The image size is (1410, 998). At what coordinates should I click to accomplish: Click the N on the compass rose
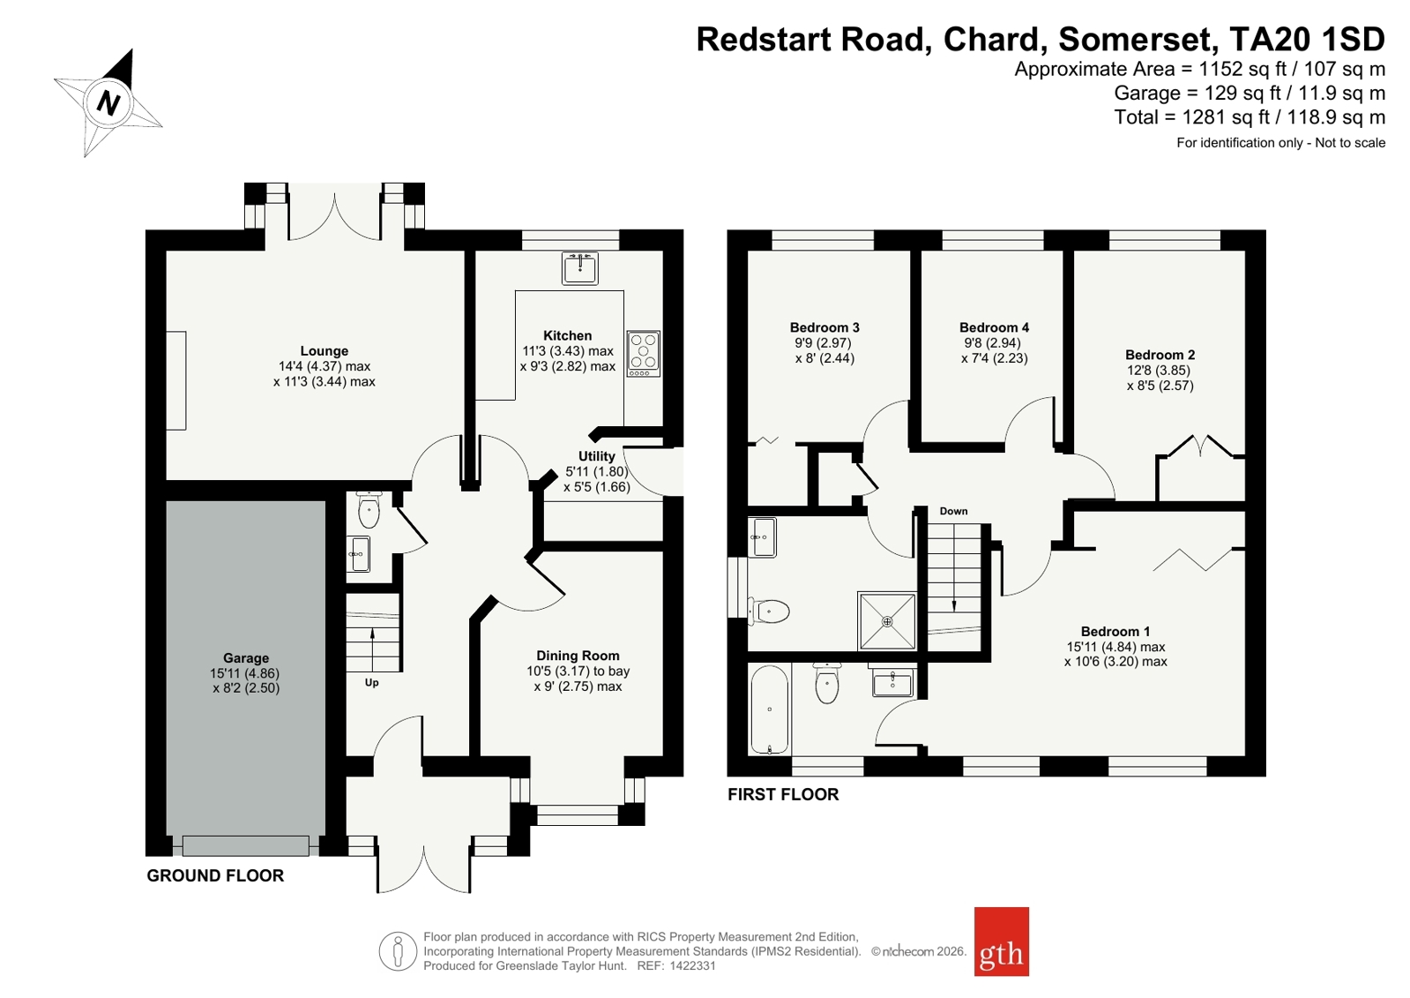[108, 103]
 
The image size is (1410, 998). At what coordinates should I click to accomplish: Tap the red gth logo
[1002, 942]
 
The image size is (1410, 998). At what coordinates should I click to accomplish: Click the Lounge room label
[325, 351]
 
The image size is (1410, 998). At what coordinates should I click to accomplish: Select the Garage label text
[245, 658]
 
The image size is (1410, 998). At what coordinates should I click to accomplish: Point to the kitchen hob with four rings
[644, 354]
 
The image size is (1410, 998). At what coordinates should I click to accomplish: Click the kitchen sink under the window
[579, 267]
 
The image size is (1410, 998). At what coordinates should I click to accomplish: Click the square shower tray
[887, 621]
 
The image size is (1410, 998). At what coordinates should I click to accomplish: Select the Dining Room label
[578, 656]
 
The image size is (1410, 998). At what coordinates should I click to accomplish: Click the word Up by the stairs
[372, 682]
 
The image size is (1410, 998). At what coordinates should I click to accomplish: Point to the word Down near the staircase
[953, 511]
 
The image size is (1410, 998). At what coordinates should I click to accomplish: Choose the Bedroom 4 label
[995, 327]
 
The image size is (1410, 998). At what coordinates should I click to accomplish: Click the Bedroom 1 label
[1115, 631]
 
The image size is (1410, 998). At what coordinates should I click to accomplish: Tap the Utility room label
[597, 456]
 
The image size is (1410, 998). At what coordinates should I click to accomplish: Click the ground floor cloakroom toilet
[369, 510]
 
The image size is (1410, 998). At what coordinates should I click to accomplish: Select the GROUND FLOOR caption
[215, 875]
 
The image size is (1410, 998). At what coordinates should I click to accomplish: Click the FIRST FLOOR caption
[783, 794]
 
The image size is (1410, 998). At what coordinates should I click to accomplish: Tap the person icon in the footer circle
[398, 951]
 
